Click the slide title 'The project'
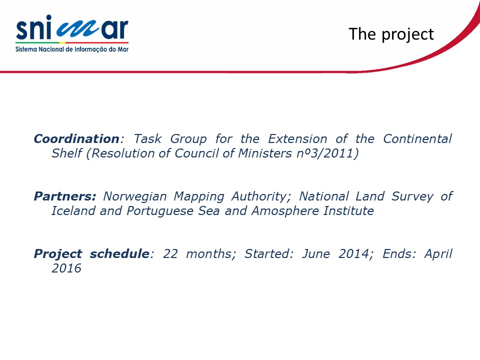(x=391, y=34)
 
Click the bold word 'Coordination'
(x=76, y=138)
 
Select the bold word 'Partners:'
(x=65, y=196)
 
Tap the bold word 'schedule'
(x=119, y=254)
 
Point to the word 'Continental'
(x=417, y=138)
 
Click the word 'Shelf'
(x=67, y=153)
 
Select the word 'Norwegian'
(x=135, y=196)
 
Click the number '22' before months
(x=170, y=254)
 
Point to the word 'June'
(x=316, y=254)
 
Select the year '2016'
(x=66, y=268)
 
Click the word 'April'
(x=438, y=254)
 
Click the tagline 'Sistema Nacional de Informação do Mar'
(x=72, y=49)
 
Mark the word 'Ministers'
(x=265, y=153)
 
